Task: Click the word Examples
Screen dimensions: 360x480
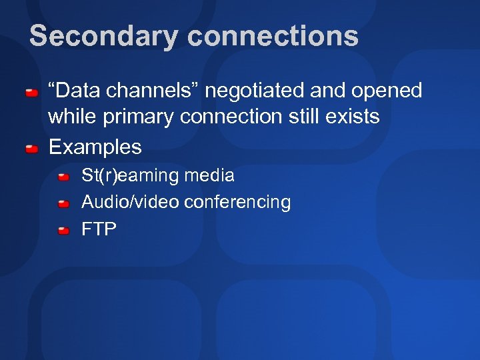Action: (95, 147)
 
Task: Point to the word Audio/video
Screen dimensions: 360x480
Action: (130, 202)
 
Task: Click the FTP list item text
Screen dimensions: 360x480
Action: (99, 229)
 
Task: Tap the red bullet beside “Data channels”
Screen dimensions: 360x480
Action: (31, 91)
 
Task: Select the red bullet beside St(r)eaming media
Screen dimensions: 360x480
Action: (63, 177)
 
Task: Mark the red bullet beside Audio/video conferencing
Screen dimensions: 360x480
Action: (63, 203)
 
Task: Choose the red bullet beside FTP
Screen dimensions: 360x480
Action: (63, 230)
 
